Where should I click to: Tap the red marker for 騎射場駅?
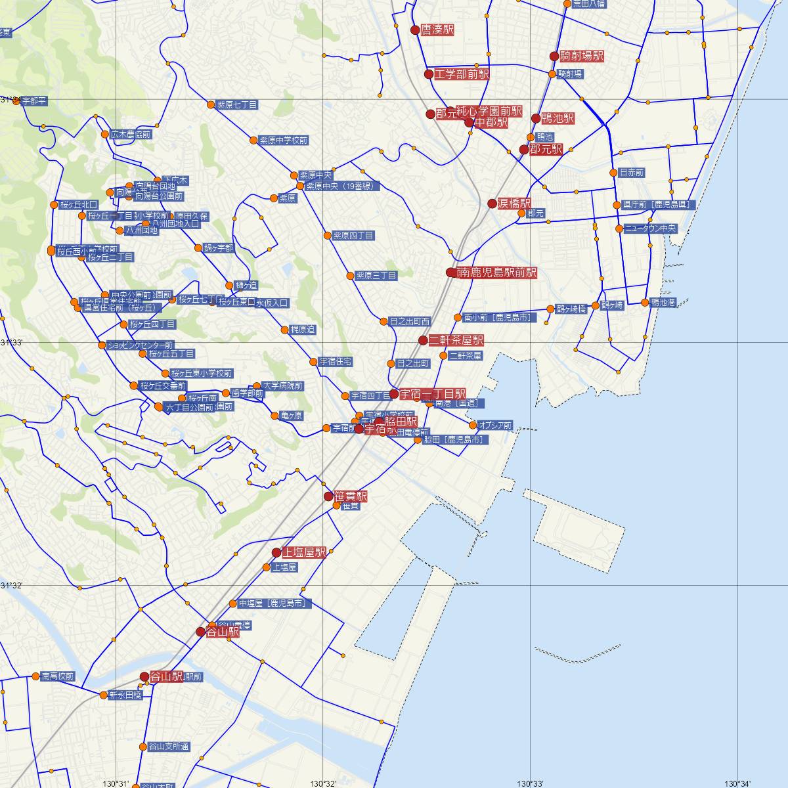(x=554, y=56)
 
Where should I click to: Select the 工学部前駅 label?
(x=462, y=74)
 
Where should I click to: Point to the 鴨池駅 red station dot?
(x=536, y=119)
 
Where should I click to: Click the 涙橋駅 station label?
(x=514, y=204)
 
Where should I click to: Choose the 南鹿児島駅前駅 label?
(x=496, y=273)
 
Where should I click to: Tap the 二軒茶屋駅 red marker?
(x=424, y=340)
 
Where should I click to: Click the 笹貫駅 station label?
(x=351, y=496)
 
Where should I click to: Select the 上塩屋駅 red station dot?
(x=276, y=553)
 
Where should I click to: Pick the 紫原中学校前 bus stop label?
(x=283, y=140)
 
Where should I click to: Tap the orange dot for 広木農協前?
(x=105, y=135)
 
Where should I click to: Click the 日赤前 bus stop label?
(x=631, y=173)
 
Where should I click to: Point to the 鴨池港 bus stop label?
(x=663, y=302)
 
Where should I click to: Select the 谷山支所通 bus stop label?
(x=169, y=747)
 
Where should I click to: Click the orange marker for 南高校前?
(x=36, y=676)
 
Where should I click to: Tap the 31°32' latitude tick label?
(x=11, y=585)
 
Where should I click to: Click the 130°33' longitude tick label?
(x=530, y=783)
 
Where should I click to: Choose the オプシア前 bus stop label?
(x=496, y=425)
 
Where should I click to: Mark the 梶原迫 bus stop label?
(x=303, y=329)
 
